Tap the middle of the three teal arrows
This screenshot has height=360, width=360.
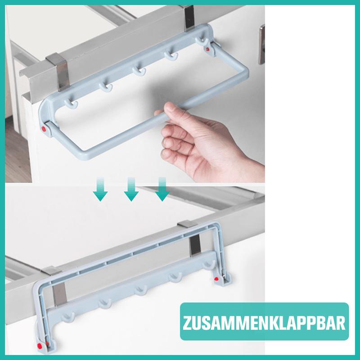pos(131,189)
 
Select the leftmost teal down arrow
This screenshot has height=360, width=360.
pos(100,189)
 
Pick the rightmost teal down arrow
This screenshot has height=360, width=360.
pos(162,189)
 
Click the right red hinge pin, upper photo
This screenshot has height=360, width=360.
pos(207,49)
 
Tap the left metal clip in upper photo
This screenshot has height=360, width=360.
pos(58,72)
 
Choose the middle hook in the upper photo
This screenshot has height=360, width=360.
pos(139,71)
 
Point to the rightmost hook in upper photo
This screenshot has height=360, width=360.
pos(202,42)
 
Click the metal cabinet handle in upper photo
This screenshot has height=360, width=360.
pos(262,44)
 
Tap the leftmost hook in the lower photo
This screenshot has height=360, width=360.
pos(68,317)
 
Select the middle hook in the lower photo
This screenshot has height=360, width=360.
pos(141,290)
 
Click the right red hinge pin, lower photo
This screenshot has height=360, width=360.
pos(216,279)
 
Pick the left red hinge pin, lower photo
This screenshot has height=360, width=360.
pos(40,345)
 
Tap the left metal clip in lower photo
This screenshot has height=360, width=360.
pos(56,287)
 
